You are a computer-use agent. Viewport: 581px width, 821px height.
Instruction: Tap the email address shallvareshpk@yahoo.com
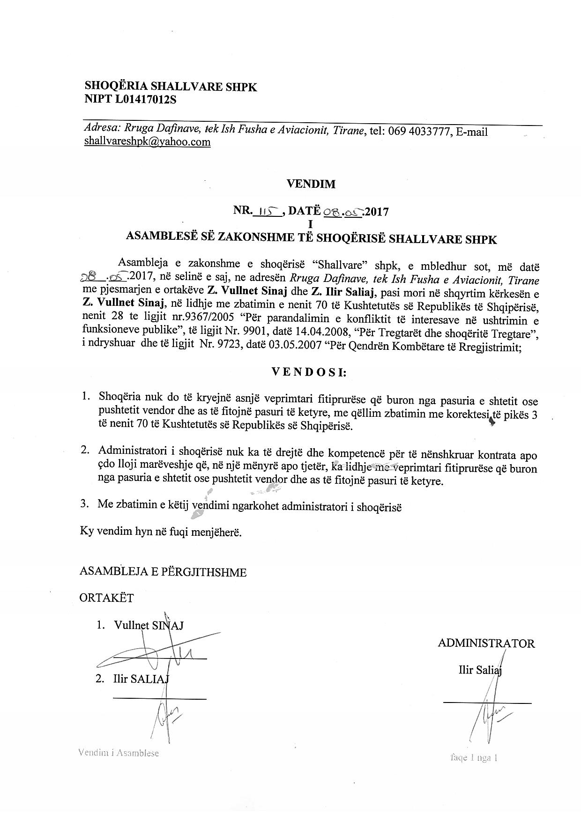click(147, 141)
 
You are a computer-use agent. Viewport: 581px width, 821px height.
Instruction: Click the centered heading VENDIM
click(311, 184)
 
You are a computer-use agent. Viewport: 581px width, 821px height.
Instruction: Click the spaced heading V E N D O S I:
click(309, 372)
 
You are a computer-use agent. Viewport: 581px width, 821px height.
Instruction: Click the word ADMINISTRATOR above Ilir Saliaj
click(486, 643)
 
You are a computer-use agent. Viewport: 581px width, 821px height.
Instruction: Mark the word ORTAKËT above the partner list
click(106, 598)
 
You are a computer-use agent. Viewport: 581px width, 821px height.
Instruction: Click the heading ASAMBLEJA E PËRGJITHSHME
click(163, 572)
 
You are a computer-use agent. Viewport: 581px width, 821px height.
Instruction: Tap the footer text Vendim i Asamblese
click(119, 753)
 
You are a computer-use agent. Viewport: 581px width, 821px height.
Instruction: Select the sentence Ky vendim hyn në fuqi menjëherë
click(161, 533)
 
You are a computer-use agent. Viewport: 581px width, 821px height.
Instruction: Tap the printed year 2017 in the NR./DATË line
click(377, 212)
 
